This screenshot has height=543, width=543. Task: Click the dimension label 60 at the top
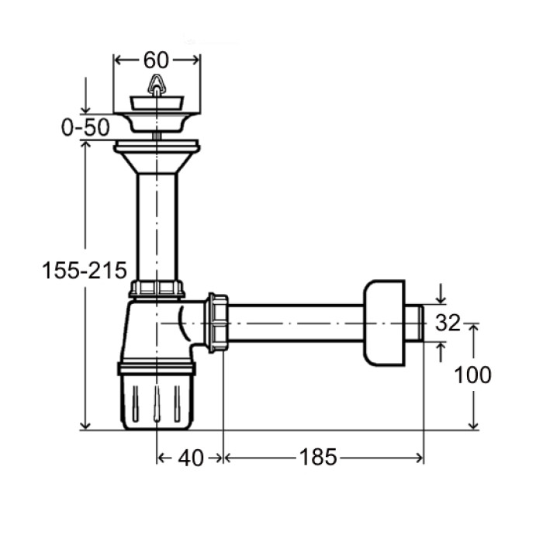coord(156,60)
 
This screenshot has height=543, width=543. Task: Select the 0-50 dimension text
coord(85,127)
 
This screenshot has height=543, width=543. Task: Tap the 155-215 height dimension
coord(85,270)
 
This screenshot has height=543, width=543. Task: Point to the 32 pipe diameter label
coord(448,323)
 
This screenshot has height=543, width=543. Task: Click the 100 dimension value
coord(472,375)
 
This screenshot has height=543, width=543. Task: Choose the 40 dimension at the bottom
coord(191,458)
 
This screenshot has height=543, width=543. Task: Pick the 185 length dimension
coord(318,457)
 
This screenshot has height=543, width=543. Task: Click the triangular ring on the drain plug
coord(157,84)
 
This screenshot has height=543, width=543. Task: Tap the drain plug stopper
coord(157,103)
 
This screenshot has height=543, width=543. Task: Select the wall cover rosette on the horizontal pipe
coord(384,323)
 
